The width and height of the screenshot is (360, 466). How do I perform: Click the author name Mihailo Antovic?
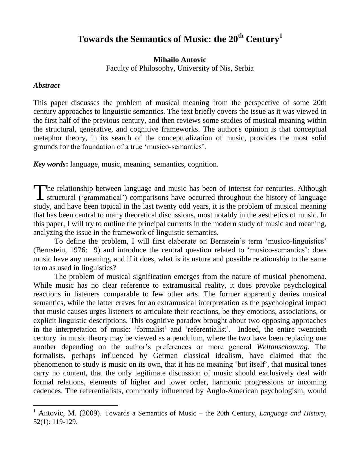point(180,60)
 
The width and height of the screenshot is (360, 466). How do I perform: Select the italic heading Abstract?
point(46,86)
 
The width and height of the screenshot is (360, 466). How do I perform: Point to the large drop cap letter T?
point(40,192)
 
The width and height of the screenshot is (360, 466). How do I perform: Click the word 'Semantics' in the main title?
point(151,39)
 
